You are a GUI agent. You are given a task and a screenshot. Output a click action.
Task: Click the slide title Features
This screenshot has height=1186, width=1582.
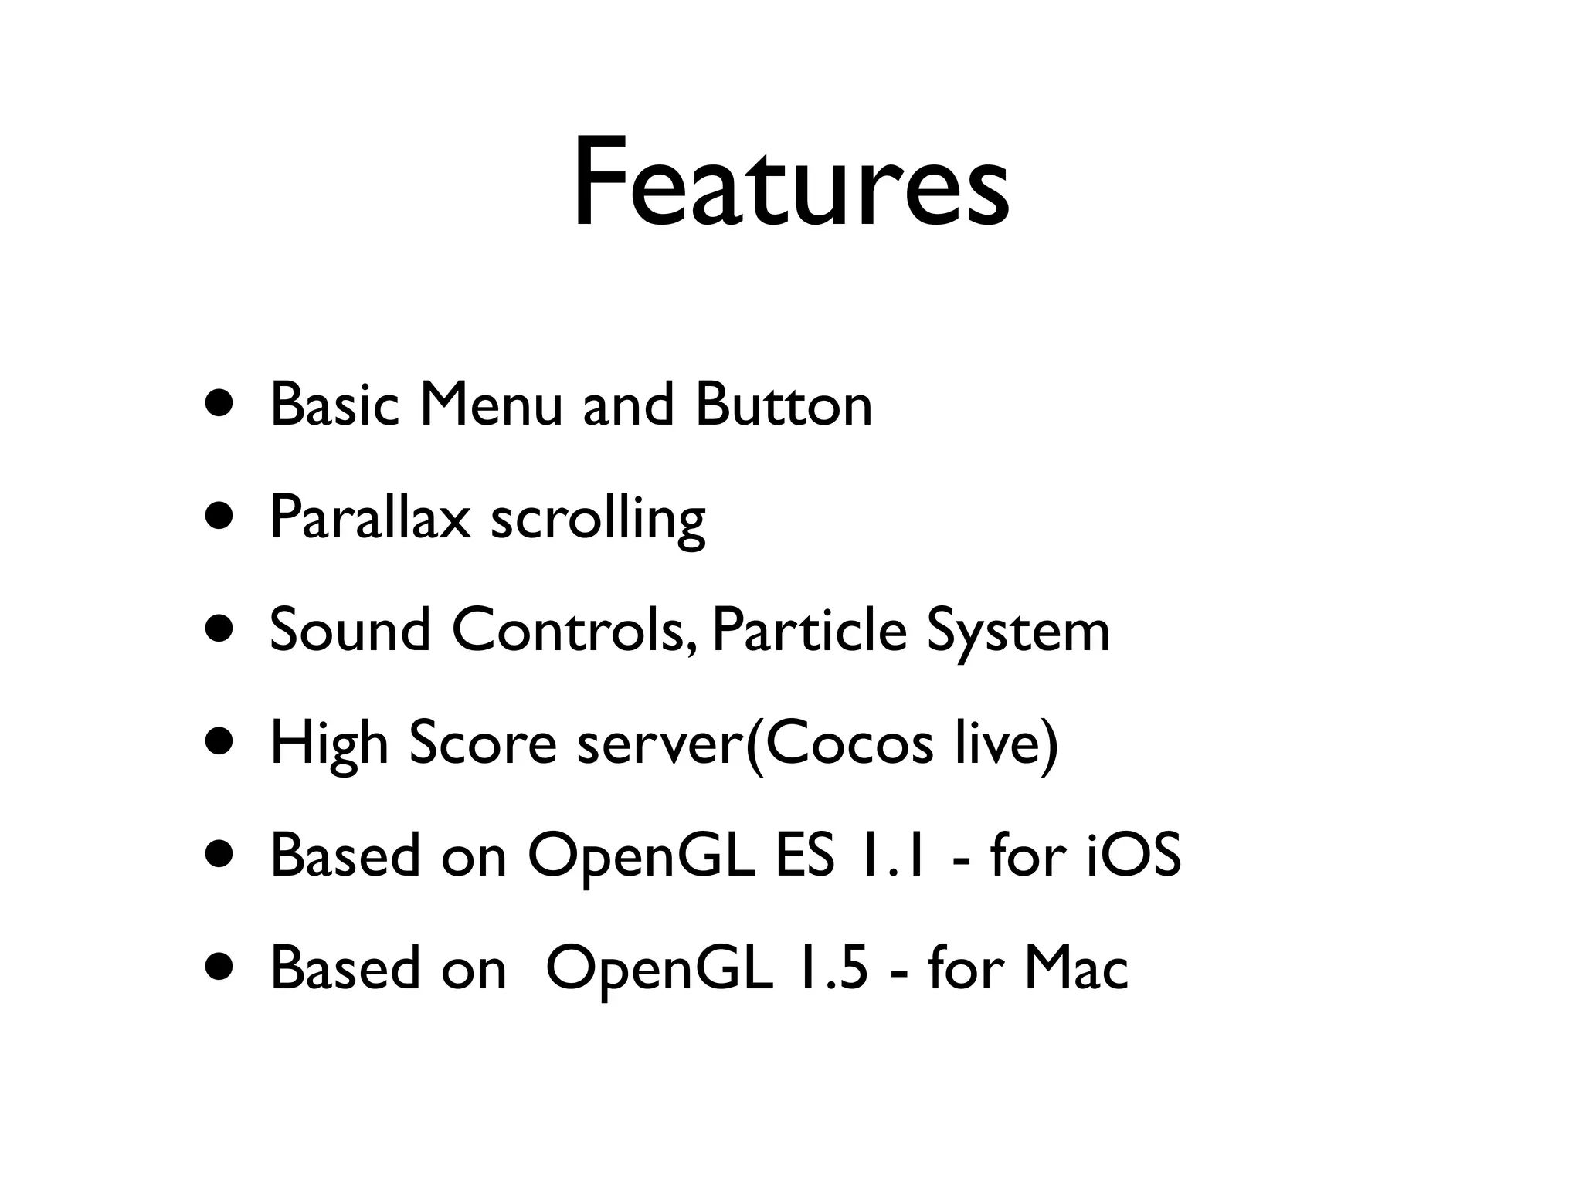790,184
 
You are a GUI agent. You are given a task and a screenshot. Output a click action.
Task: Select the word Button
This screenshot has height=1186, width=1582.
783,405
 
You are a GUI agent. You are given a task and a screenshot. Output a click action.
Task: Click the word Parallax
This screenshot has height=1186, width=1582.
370,517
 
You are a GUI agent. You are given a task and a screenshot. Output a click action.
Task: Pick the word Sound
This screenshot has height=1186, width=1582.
350,630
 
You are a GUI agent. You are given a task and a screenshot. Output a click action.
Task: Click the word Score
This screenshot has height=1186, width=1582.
482,743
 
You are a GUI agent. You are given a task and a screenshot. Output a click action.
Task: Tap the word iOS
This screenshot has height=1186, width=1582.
1133,856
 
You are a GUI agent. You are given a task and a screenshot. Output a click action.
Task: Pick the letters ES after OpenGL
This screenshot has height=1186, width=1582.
804,856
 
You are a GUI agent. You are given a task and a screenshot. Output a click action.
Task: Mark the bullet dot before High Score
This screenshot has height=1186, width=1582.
218,743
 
